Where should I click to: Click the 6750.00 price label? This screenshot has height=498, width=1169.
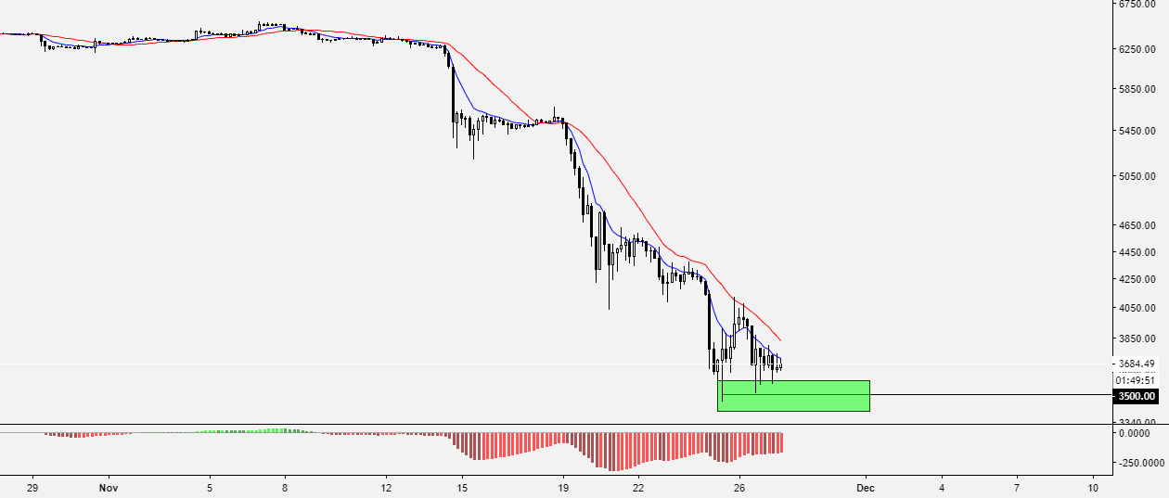pyautogui.click(x=1138, y=5)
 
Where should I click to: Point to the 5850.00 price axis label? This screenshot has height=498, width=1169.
pyautogui.click(x=1138, y=89)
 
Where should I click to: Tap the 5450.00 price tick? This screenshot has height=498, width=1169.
pyautogui.click(x=1138, y=131)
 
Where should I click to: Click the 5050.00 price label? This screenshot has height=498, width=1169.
pyautogui.click(x=1138, y=175)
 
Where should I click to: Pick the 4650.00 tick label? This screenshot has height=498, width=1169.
pyautogui.click(x=1138, y=225)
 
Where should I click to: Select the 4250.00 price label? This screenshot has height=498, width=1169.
pyautogui.click(x=1138, y=278)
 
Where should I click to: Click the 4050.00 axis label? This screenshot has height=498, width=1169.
pyautogui.click(x=1138, y=308)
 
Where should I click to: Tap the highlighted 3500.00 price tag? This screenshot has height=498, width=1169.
pyautogui.click(x=1137, y=396)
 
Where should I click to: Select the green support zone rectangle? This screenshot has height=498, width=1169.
pyautogui.click(x=793, y=396)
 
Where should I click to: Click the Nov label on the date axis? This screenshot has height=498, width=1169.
pyautogui.click(x=109, y=487)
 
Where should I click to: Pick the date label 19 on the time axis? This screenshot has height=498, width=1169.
pyautogui.click(x=563, y=487)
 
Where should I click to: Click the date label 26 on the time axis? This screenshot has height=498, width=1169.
pyautogui.click(x=739, y=487)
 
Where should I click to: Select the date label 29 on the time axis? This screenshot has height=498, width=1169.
pyautogui.click(x=32, y=487)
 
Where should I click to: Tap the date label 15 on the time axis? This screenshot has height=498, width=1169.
pyautogui.click(x=462, y=487)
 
